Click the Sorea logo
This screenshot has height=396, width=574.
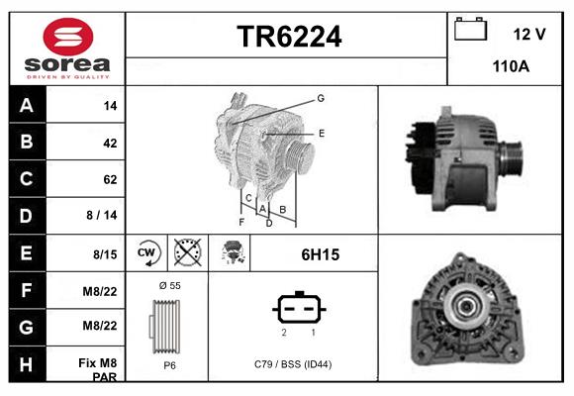coord(66,47)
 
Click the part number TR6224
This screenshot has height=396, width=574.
coord(288,38)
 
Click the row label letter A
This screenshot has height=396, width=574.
coord(26,105)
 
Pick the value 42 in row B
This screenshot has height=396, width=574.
coord(109,143)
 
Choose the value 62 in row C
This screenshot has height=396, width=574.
coord(109,180)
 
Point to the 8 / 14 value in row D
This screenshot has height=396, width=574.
coord(102,216)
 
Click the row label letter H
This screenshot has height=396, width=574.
coord(26,364)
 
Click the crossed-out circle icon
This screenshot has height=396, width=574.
coord(187,253)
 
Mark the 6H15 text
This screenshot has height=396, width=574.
coord(320,254)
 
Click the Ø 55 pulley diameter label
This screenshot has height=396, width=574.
coord(168,286)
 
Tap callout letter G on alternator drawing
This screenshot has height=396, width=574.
coord(321,98)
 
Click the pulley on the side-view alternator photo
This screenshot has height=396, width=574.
coord(513,157)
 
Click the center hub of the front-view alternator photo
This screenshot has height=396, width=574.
coord(465,305)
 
